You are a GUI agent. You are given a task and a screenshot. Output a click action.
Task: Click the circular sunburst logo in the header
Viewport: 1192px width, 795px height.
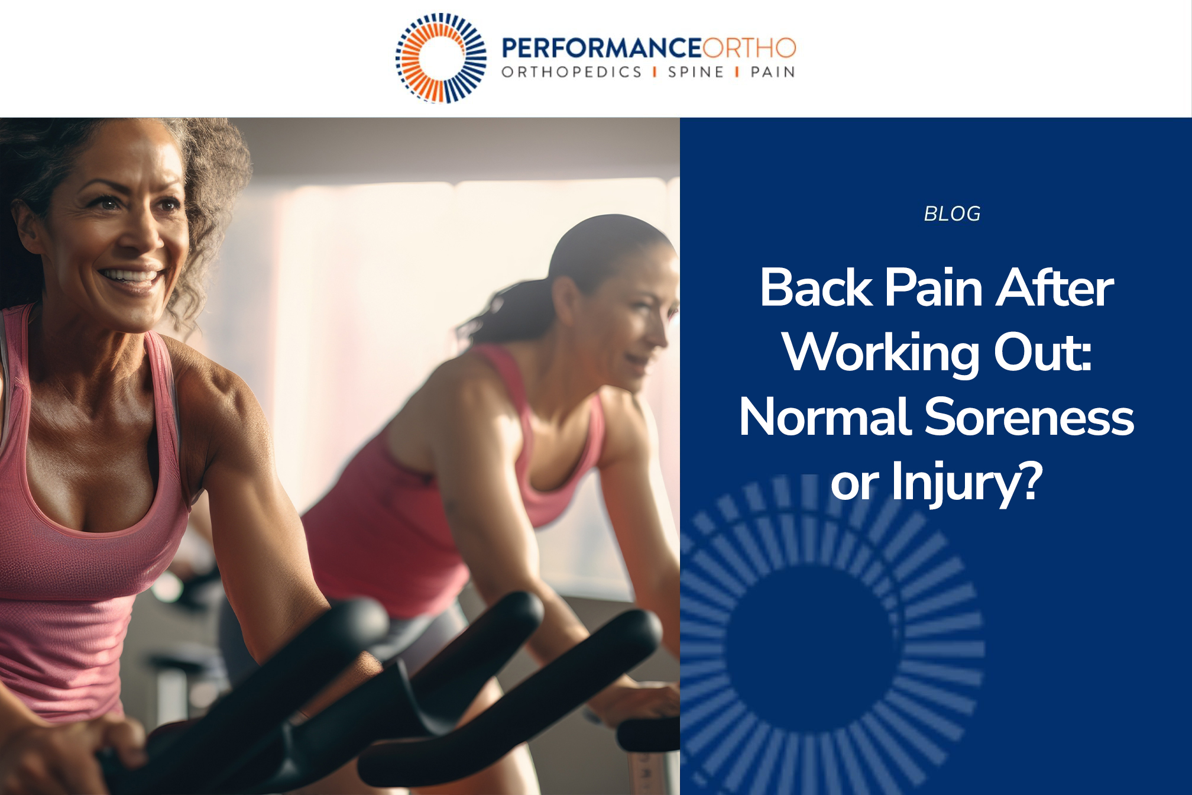pyautogui.click(x=441, y=58)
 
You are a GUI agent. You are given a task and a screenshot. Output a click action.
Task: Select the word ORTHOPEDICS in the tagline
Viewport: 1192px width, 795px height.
pyautogui.click(x=571, y=72)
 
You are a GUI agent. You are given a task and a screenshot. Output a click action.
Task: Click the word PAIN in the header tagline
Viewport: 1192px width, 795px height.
pyautogui.click(x=773, y=72)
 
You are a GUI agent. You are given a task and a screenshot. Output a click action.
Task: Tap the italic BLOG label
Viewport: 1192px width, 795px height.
pyautogui.click(x=952, y=214)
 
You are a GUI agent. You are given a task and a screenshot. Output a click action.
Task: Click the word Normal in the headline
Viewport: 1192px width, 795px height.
pyautogui.click(x=825, y=418)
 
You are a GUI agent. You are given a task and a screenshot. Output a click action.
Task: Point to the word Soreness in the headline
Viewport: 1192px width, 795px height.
pyautogui.click(x=1029, y=418)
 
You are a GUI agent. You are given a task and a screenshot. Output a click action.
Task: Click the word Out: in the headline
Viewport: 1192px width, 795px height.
pyautogui.click(x=1042, y=353)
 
